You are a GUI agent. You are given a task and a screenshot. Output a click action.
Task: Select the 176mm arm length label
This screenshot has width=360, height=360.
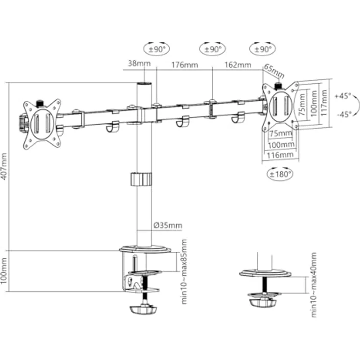[184, 64]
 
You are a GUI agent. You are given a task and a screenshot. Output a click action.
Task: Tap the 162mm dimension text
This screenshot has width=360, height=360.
[237, 64]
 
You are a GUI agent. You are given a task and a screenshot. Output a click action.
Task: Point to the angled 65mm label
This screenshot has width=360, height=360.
[274, 71]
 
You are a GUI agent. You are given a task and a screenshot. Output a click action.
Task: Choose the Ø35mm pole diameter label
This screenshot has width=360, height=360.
[167, 225]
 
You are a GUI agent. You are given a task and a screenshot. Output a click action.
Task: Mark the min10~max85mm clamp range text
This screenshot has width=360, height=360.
[184, 271]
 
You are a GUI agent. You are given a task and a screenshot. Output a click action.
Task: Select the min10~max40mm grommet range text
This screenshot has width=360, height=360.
[314, 285]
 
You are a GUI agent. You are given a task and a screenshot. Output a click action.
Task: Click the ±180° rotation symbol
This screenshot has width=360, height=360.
[280, 174]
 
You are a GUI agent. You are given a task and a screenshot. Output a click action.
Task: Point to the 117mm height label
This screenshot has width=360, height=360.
[324, 105]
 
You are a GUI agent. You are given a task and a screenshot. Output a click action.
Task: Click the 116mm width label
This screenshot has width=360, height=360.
[281, 155]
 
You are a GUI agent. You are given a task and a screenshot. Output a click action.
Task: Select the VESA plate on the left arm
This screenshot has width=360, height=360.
[42, 123]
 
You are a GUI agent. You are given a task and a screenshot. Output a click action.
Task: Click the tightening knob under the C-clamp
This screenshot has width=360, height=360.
[142, 310]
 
